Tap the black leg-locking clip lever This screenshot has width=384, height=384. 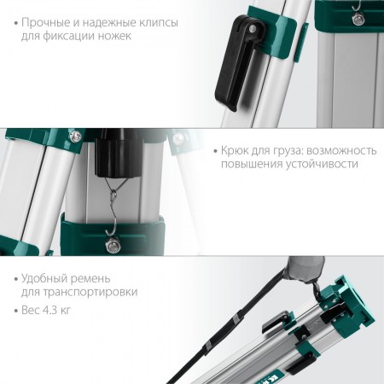(236, 62)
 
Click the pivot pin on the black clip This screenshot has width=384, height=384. (252, 28)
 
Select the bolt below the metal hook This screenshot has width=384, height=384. (113, 245)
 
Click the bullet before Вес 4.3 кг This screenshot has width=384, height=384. (16, 311)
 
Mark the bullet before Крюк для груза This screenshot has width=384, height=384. (216, 151)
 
